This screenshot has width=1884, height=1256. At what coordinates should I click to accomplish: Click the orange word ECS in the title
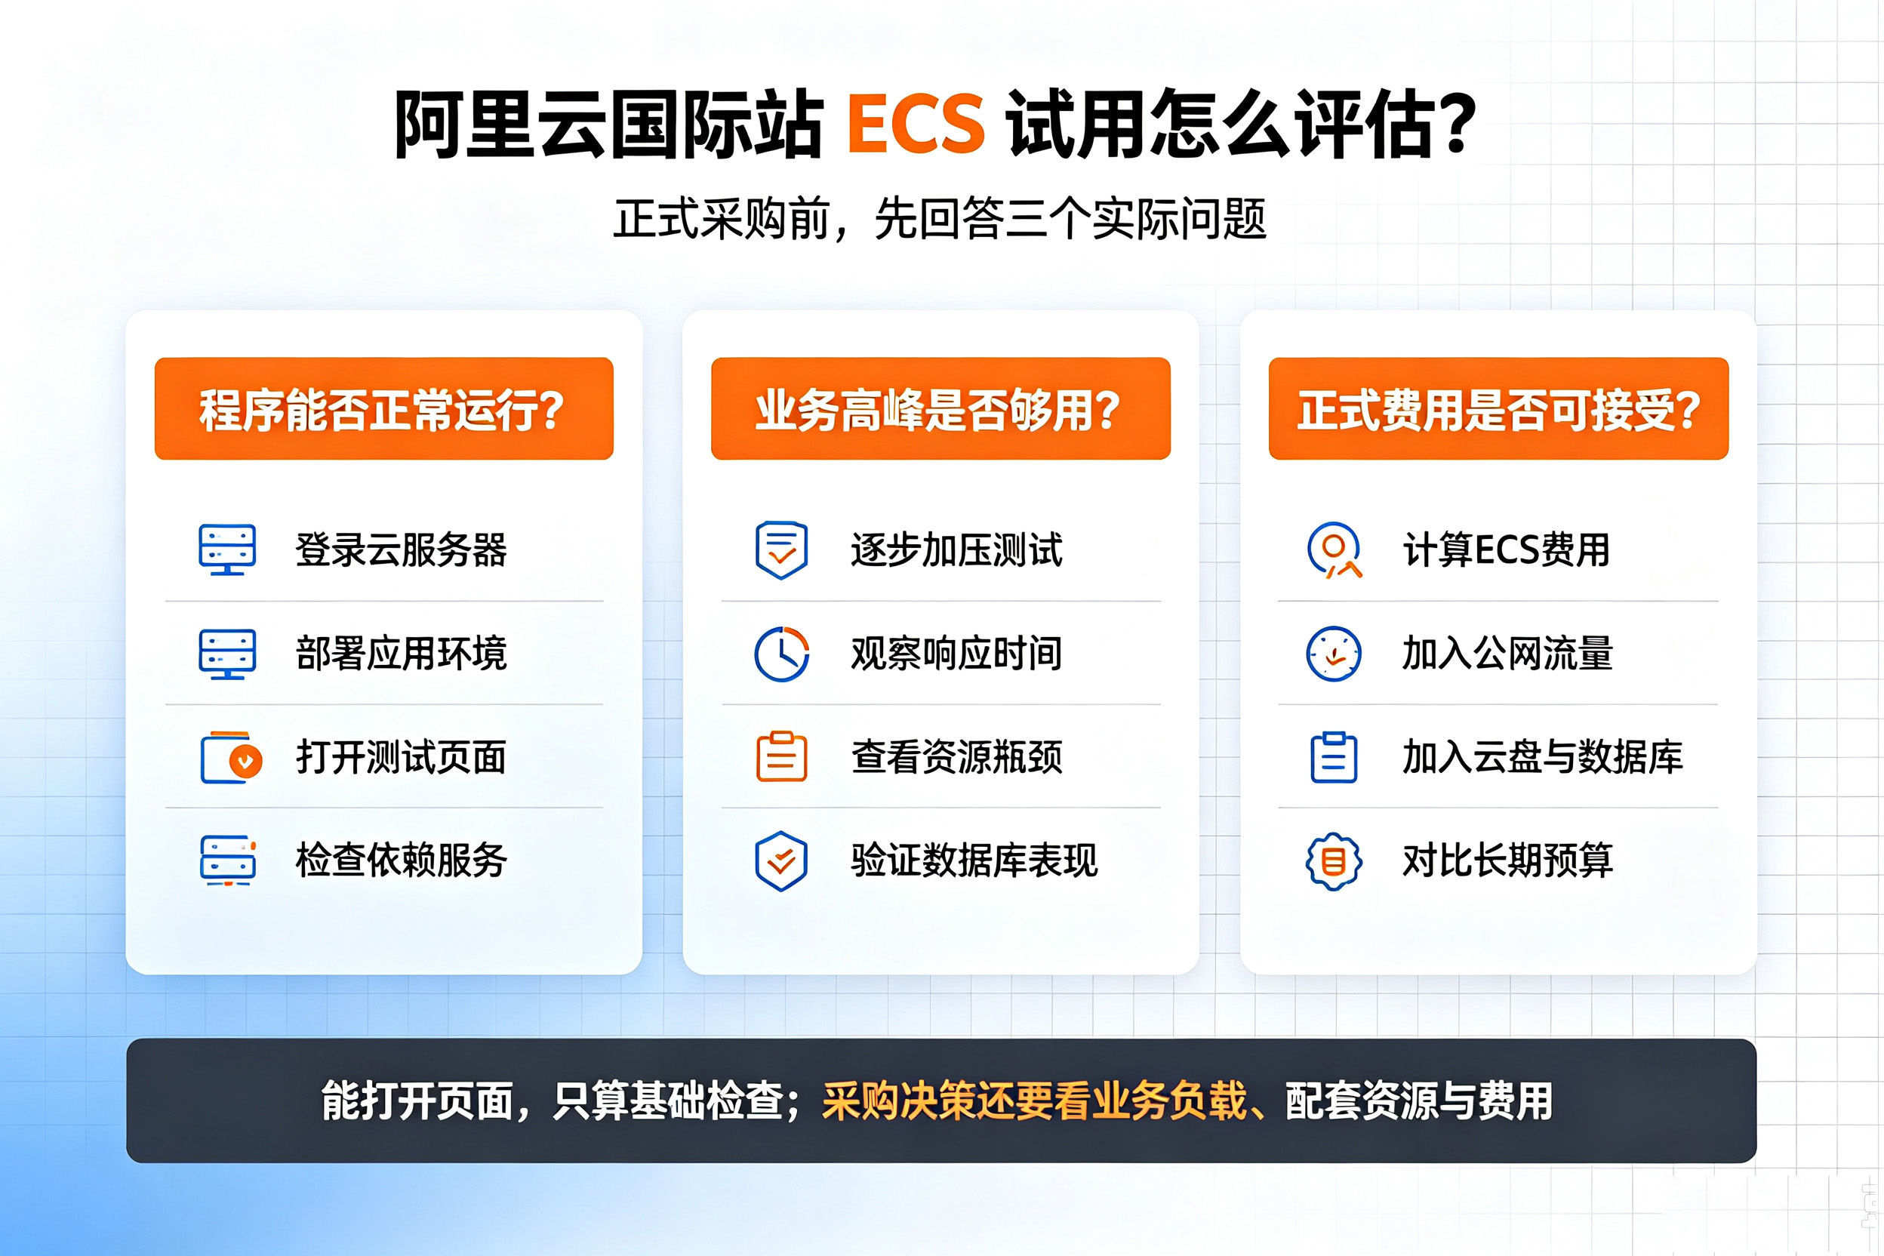tap(916, 124)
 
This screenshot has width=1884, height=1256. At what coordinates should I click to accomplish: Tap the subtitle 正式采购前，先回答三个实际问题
tap(940, 218)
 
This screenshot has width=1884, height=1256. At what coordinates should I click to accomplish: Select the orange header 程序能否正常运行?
tap(383, 408)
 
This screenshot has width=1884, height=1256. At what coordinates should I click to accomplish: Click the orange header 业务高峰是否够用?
tap(940, 408)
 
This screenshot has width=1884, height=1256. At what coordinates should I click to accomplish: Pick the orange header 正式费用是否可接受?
tap(1498, 408)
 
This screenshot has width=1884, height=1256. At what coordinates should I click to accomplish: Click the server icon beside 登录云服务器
tap(227, 549)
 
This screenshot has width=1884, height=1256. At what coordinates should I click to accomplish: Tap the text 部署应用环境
tap(402, 653)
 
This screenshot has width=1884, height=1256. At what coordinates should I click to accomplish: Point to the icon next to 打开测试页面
tap(232, 757)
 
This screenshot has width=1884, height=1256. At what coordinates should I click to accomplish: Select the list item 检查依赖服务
tap(402, 860)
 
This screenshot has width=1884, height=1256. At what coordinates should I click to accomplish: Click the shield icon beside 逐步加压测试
tap(782, 550)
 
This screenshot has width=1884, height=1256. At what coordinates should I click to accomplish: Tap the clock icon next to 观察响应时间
tap(782, 654)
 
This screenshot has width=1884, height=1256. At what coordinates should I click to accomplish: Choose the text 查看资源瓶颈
tap(957, 757)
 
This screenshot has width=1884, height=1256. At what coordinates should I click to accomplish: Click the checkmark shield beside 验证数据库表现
tap(781, 861)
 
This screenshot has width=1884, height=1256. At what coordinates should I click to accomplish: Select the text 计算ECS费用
tap(1506, 549)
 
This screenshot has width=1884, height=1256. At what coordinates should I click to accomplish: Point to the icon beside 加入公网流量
tap(1334, 654)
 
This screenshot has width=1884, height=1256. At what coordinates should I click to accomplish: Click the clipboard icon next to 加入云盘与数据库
tap(1334, 757)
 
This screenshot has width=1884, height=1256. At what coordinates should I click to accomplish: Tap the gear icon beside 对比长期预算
tap(1334, 861)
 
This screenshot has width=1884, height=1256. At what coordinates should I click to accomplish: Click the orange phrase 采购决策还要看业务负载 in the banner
tap(1034, 1101)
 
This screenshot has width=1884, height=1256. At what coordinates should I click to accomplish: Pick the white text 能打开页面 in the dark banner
tap(417, 1101)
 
